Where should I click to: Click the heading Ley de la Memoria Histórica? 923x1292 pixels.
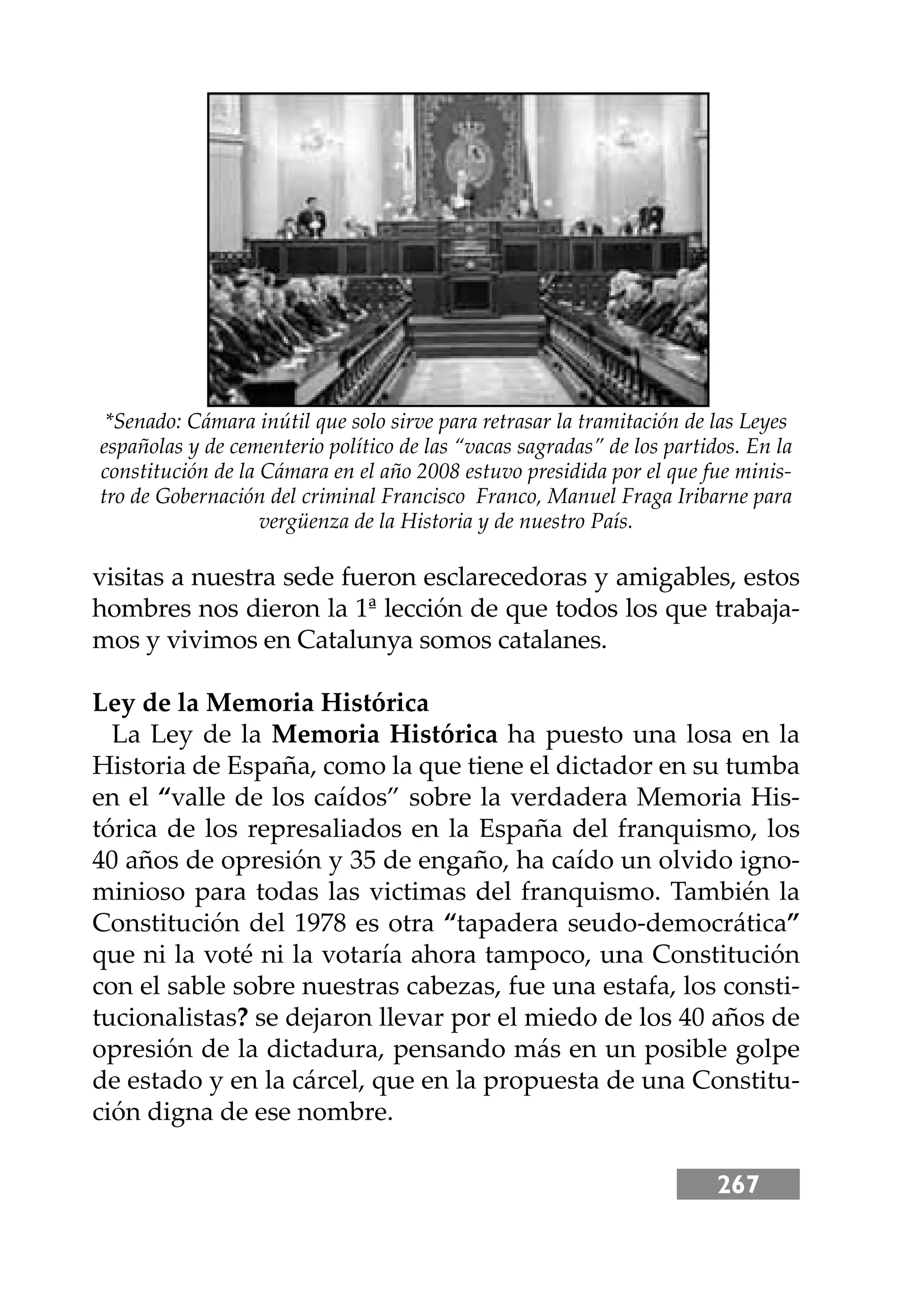click(x=260, y=703)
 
